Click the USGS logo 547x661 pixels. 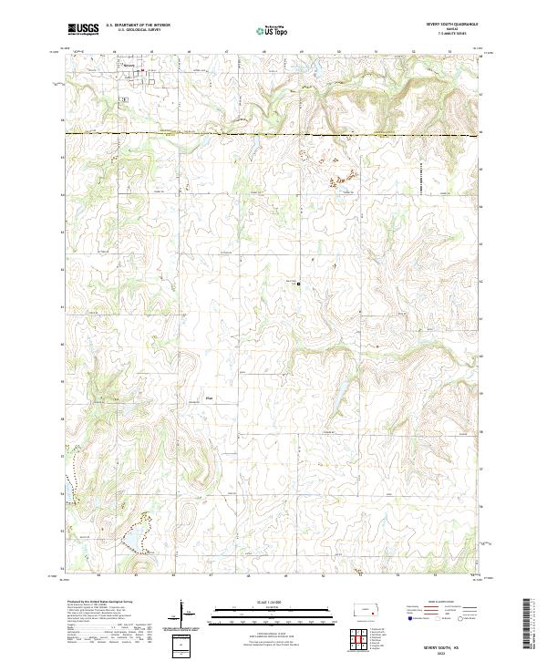coord(83,29)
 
